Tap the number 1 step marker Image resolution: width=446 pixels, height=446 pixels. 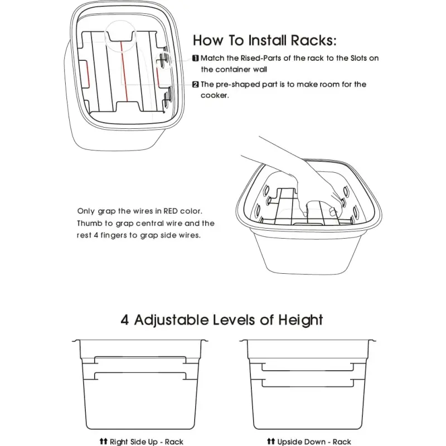(x=196, y=59)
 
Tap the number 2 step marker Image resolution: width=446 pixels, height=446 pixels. (x=196, y=85)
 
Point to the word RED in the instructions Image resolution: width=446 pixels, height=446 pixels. (x=171, y=211)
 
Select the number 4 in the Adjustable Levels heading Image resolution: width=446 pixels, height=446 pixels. (x=124, y=320)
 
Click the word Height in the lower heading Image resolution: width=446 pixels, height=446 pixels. (x=300, y=321)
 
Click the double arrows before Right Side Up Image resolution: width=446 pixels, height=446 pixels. (x=104, y=441)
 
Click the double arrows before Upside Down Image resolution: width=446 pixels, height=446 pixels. (x=271, y=441)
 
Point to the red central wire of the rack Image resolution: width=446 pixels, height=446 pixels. (x=124, y=71)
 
